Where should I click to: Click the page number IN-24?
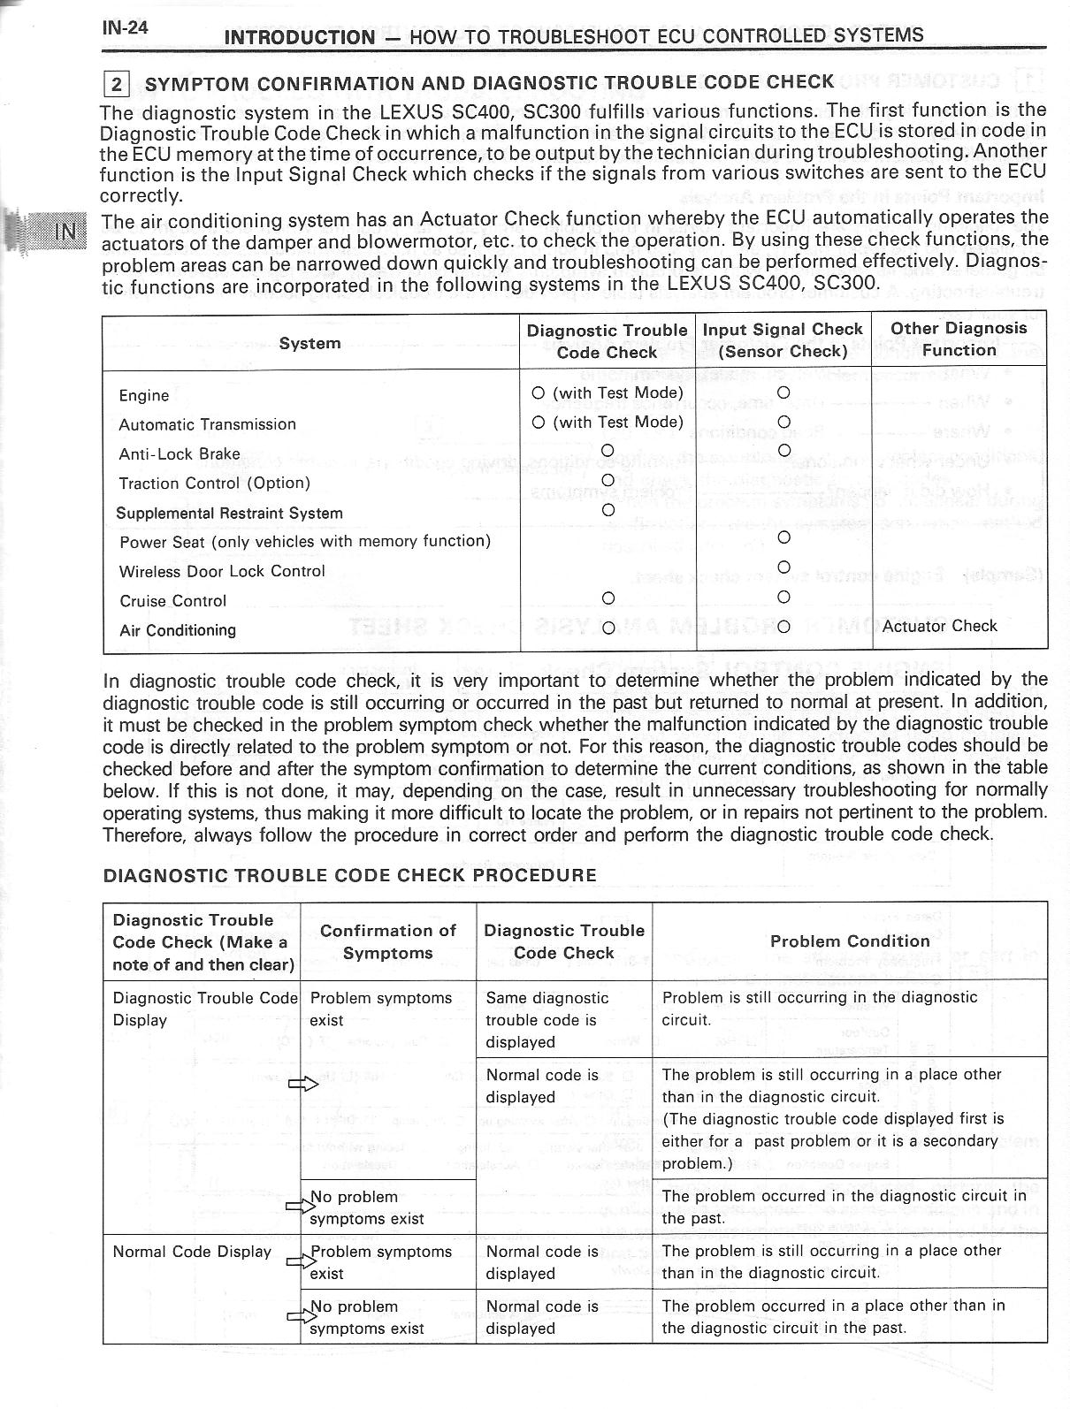[125, 27]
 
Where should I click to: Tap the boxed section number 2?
[117, 85]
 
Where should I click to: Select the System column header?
[310, 343]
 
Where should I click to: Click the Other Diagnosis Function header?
[959, 339]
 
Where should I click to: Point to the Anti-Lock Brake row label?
[180, 454]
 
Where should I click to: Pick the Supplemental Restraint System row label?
[229, 514]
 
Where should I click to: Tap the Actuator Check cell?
[939, 627]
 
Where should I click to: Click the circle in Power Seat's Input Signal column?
[783, 537]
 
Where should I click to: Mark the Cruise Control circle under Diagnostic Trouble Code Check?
[608, 598]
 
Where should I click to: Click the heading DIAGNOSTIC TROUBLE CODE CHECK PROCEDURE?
[350, 875]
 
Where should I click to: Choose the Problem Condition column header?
[850, 941]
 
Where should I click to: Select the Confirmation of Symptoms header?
[387, 941]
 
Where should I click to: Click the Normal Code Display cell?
[192, 1252]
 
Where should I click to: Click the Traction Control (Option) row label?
[215, 484]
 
